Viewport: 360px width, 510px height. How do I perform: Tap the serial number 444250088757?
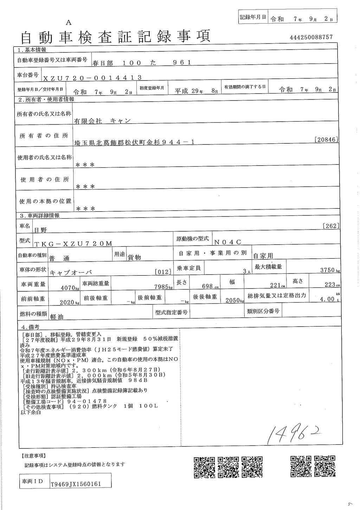click(311, 37)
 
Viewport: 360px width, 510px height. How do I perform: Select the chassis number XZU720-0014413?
click(92, 78)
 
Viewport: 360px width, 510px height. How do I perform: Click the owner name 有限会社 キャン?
click(102, 121)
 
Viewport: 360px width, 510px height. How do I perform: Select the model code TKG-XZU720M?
click(73, 244)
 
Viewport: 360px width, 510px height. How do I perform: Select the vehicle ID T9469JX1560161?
click(76, 484)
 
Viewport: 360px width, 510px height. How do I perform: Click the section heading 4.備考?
click(30, 327)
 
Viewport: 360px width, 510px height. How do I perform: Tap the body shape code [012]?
click(183, 272)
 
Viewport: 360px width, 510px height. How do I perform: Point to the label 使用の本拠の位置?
click(45, 201)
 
